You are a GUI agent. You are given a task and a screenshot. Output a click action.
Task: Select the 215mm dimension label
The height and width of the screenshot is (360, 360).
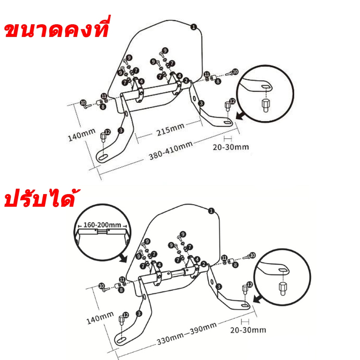pos(171,130)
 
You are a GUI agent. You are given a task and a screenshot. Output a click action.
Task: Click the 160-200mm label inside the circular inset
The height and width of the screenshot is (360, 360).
pos(102,225)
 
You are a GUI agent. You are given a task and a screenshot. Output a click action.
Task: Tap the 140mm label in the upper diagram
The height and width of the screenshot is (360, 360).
pos(82,135)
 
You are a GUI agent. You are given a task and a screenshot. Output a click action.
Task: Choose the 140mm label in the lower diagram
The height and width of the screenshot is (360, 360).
pos(100,318)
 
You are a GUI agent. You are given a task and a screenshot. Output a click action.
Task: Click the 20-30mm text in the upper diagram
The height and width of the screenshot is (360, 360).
pos(231,147)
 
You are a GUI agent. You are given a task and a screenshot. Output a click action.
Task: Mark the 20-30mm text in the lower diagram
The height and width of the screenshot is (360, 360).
pos(248,330)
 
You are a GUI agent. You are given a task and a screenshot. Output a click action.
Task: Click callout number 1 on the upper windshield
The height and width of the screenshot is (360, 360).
pos(194,27)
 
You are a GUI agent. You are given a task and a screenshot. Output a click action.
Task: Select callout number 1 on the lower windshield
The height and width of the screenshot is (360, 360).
pos(211,211)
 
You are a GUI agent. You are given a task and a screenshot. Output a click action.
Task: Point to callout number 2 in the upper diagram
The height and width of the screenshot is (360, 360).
pos(186,81)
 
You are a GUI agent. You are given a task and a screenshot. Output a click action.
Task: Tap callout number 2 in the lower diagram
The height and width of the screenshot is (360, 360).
pos(204,264)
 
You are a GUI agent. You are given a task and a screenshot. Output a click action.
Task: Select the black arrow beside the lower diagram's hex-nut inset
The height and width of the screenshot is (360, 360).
pos(258,299)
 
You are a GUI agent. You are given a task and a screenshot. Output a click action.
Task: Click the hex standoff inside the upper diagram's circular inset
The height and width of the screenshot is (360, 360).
pos(265,105)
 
